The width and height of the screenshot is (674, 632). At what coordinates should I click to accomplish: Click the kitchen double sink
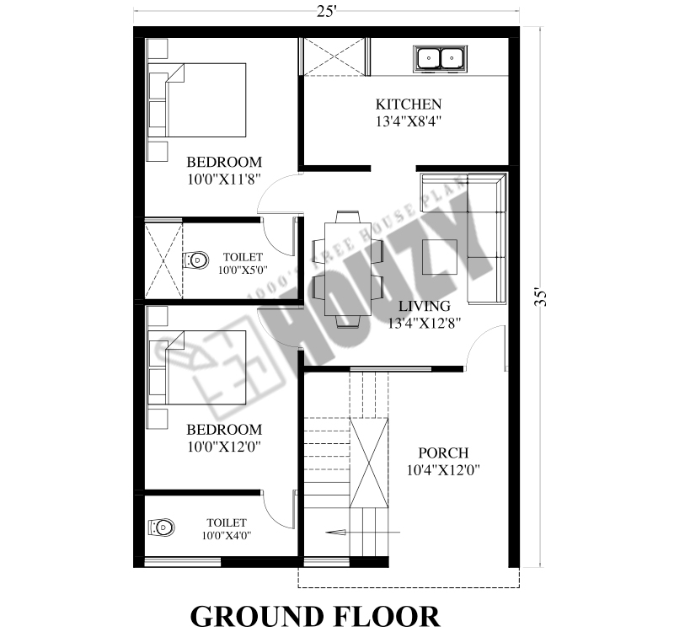pos(440,57)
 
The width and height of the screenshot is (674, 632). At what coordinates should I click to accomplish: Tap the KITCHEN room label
pos(409,104)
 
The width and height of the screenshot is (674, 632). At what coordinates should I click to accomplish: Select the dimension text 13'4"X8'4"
pos(409,121)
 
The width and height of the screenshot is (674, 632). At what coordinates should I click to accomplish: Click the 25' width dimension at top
pos(326,12)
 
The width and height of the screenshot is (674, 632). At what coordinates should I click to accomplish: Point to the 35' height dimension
pos(541,297)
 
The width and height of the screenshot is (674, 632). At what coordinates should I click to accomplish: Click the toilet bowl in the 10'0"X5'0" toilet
pos(195,260)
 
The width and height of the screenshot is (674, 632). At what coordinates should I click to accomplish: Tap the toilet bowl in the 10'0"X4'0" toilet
pos(161,528)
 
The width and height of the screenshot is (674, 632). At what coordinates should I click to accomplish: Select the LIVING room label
pos(425,306)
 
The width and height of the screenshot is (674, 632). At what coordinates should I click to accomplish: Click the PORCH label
pos(443,453)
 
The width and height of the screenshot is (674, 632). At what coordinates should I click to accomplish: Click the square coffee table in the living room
pos(439,257)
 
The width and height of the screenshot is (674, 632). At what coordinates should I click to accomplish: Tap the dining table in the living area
pos(348,269)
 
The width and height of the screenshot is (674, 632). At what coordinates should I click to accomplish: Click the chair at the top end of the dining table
pos(348,217)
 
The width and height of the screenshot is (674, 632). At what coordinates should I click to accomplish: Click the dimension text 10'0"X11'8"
pos(224,179)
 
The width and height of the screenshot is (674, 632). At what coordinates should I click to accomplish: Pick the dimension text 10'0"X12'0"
pos(224,447)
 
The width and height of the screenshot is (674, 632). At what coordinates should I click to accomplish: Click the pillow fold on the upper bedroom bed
pos(176,72)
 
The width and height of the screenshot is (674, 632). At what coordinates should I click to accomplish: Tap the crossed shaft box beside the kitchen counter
pos(334,56)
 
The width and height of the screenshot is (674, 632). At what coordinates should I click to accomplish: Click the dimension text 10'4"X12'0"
pos(443,470)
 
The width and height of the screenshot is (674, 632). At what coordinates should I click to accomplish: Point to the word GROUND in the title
pos(257,617)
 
